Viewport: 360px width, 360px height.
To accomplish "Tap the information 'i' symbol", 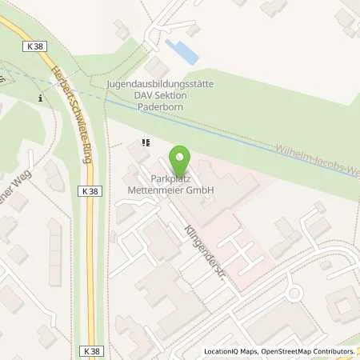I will coord(40,98).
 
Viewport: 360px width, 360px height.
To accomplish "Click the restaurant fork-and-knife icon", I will coord(145,143).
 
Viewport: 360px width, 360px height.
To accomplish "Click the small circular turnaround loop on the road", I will coord(293,294).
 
